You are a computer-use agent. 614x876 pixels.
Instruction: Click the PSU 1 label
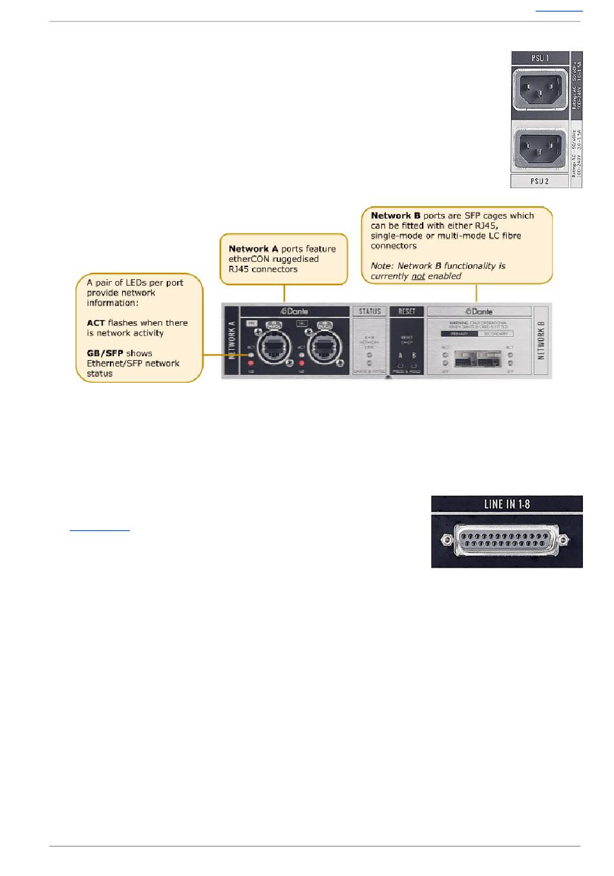click(539, 58)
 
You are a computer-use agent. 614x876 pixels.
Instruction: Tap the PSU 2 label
click(539, 181)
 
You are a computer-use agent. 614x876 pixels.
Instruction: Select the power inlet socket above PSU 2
click(539, 148)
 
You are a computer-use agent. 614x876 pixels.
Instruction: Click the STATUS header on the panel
click(370, 312)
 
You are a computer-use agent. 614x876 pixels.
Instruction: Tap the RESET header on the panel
click(407, 312)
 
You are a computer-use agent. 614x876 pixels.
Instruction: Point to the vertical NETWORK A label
click(232, 341)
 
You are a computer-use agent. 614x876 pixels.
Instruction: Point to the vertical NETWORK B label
click(542, 341)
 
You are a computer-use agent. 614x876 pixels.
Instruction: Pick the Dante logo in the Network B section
click(479, 312)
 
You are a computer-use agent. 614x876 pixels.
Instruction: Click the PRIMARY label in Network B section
click(459, 334)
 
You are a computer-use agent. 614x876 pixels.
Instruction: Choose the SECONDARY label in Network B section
click(496, 334)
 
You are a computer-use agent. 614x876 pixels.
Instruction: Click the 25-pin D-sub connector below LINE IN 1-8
click(507, 539)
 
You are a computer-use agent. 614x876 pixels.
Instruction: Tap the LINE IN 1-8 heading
click(507, 504)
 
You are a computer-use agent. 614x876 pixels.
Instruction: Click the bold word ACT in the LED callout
click(96, 323)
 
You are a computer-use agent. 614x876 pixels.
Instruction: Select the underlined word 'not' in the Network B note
click(418, 276)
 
